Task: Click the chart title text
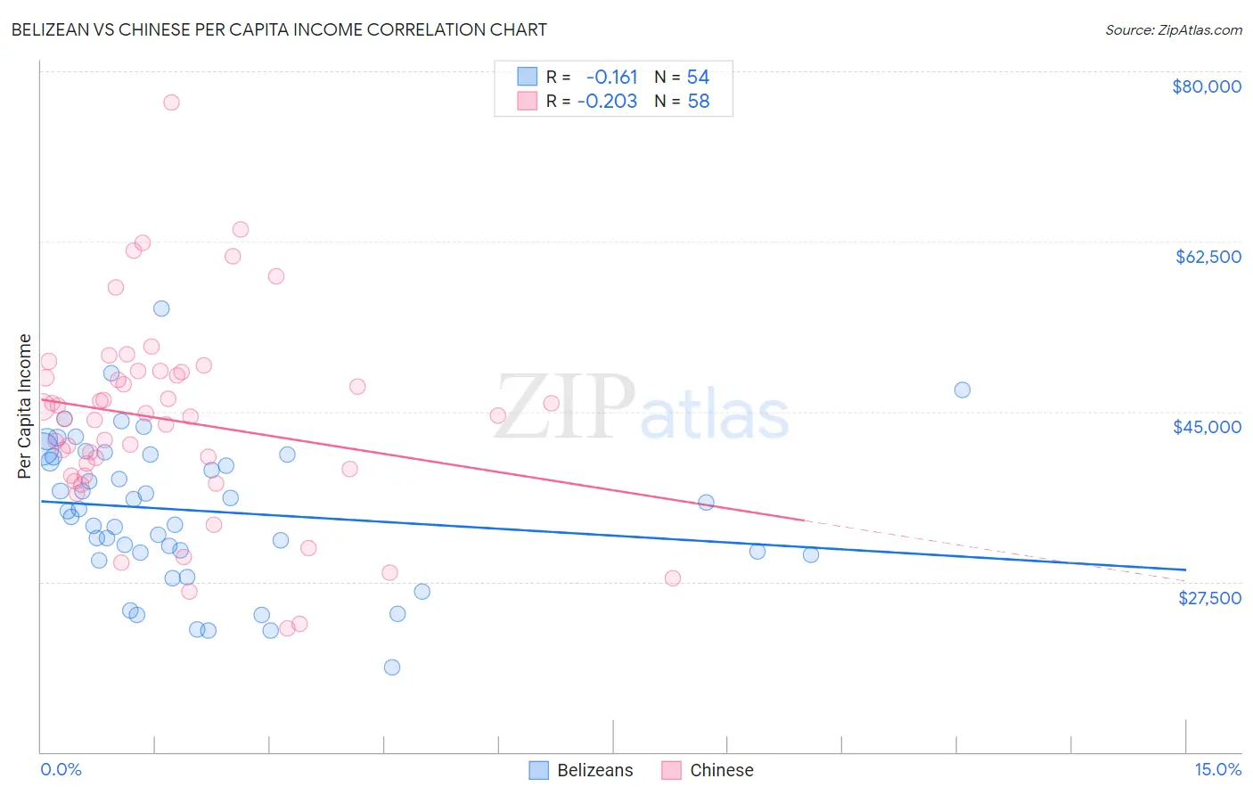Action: click(x=279, y=29)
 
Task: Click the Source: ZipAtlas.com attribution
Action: click(x=1173, y=29)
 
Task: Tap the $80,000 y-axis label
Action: click(x=1206, y=86)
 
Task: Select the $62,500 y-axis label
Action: click(x=1208, y=257)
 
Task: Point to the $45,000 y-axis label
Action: click(x=1207, y=427)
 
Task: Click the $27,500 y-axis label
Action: click(x=1209, y=598)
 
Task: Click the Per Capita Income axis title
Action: click(x=25, y=406)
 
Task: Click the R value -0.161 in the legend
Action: click(x=611, y=78)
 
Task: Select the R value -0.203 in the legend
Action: click(x=607, y=102)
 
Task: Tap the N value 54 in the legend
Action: click(x=698, y=78)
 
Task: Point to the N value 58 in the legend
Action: click(x=698, y=102)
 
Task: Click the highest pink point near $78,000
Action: click(x=171, y=102)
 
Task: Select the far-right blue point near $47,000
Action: click(x=962, y=389)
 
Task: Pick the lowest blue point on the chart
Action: click(x=391, y=668)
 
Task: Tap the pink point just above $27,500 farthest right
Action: click(x=673, y=578)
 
